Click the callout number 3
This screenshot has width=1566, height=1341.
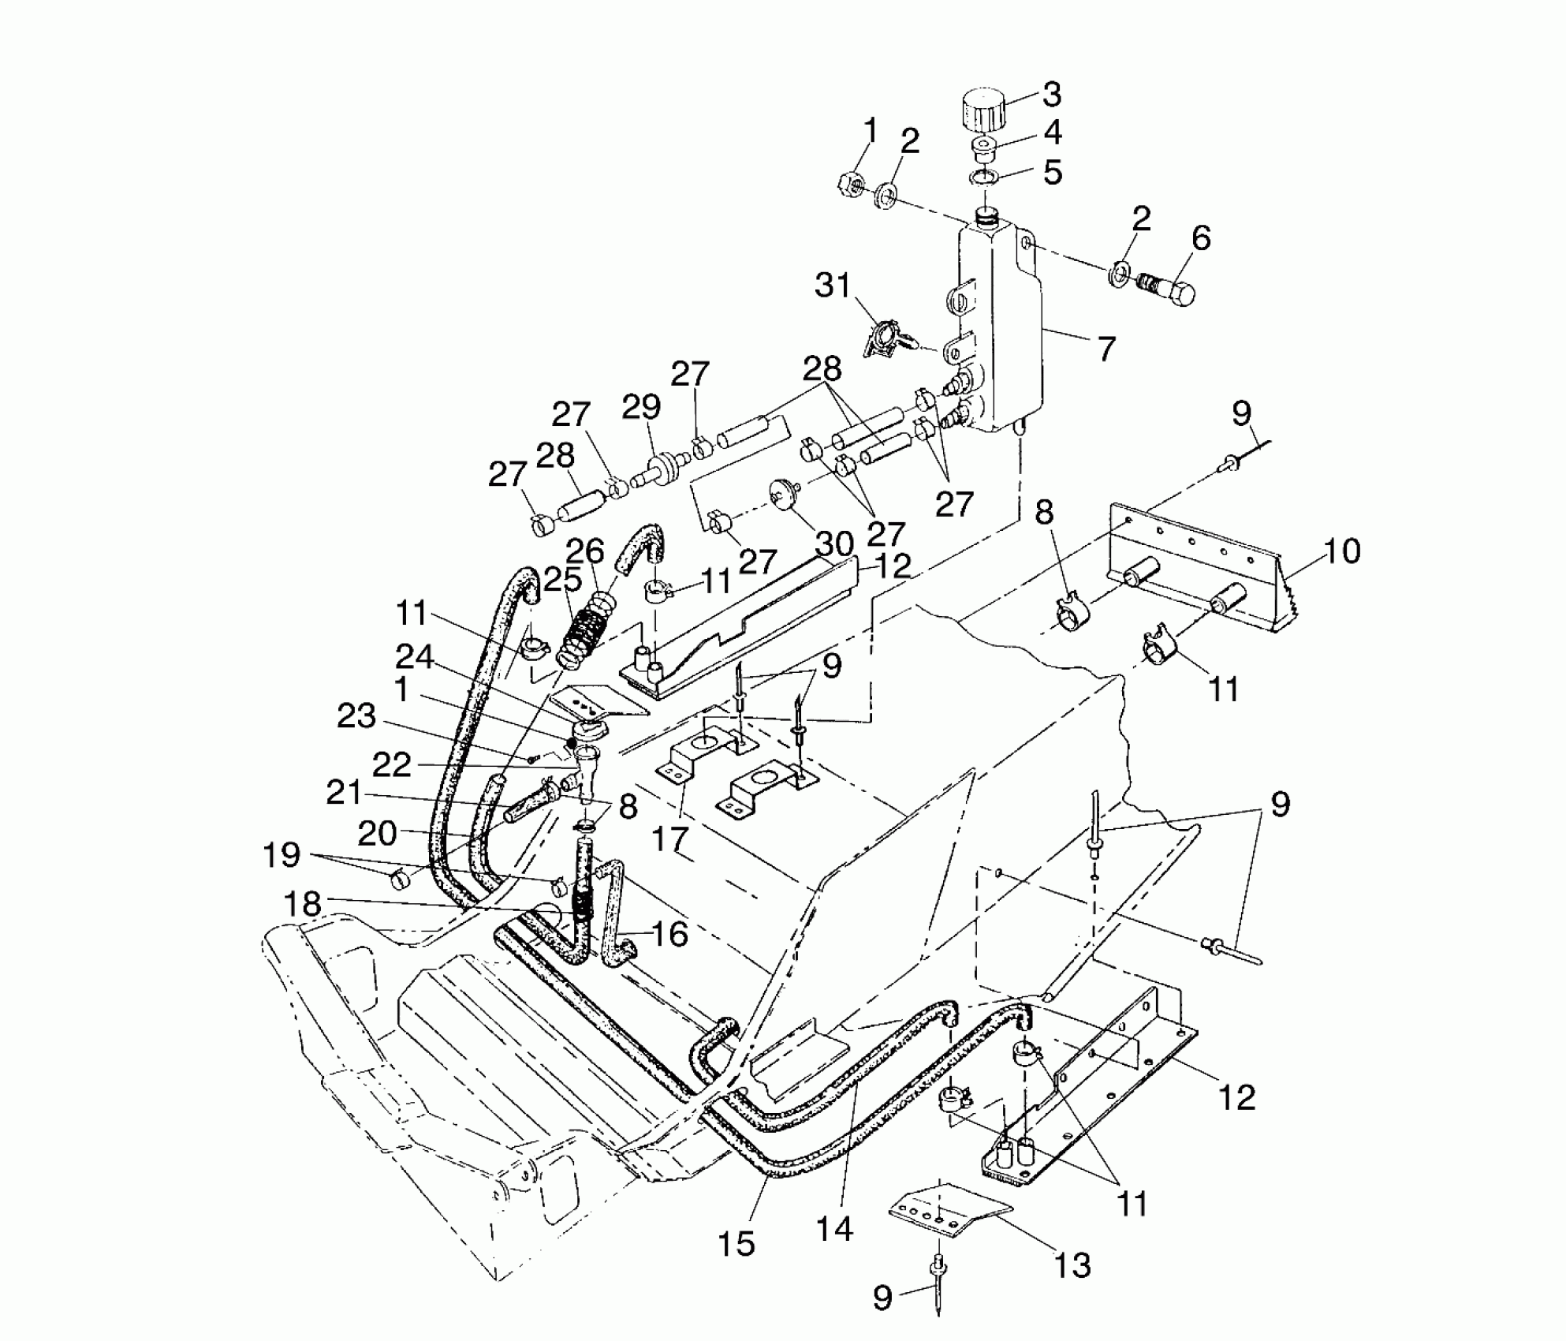tap(1052, 94)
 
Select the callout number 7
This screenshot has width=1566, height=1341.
tap(1106, 348)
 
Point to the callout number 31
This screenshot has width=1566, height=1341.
tap(833, 285)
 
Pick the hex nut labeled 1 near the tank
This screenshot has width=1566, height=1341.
tap(851, 184)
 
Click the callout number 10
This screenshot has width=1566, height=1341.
tap(1341, 551)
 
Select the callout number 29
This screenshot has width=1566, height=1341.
tap(641, 408)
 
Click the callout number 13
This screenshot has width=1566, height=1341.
tap(1072, 1264)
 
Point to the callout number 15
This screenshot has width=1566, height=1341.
tap(736, 1243)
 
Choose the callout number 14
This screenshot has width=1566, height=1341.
tap(834, 1227)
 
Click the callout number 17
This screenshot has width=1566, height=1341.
tap(670, 839)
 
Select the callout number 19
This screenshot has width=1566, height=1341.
tap(282, 854)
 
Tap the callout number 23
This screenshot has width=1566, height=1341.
tap(356, 717)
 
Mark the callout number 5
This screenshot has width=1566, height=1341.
tap(1053, 172)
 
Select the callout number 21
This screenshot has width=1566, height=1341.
tap(345, 793)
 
